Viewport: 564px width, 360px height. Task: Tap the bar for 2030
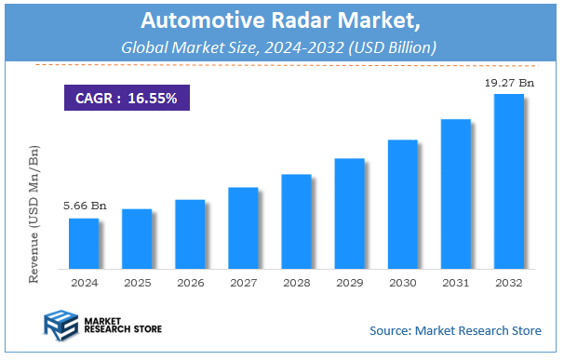[402, 204]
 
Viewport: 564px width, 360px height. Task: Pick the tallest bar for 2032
[508, 181]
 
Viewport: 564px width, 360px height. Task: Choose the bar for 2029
[349, 213]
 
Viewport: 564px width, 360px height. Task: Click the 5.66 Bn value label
[83, 206]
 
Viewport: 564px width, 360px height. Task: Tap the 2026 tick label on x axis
[190, 282]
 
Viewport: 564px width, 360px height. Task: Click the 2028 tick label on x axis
[296, 282]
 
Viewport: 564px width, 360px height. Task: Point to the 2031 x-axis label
[455, 282]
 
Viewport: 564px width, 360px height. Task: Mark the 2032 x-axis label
[508, 282]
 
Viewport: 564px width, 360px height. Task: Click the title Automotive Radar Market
[282, 20]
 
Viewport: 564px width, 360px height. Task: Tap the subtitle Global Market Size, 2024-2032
[282, 47]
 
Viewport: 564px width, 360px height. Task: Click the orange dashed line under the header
[282, 64]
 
